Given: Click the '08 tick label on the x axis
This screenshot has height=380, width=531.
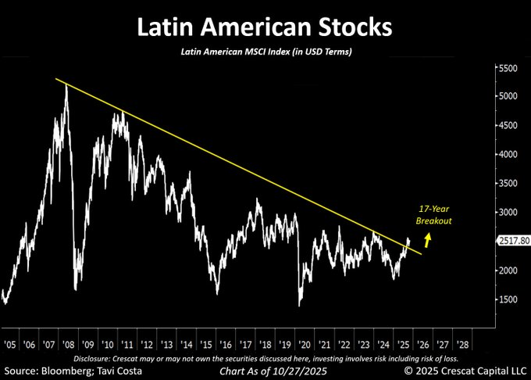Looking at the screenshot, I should point(69,343).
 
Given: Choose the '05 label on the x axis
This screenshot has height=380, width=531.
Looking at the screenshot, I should point(11,343).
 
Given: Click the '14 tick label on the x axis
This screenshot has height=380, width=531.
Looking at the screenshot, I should point(187,343).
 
